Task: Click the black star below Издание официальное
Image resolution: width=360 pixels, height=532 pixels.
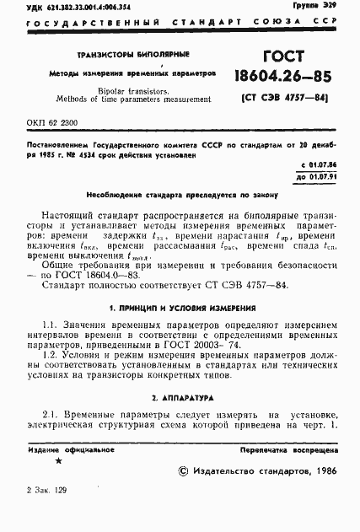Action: coord(57,460)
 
